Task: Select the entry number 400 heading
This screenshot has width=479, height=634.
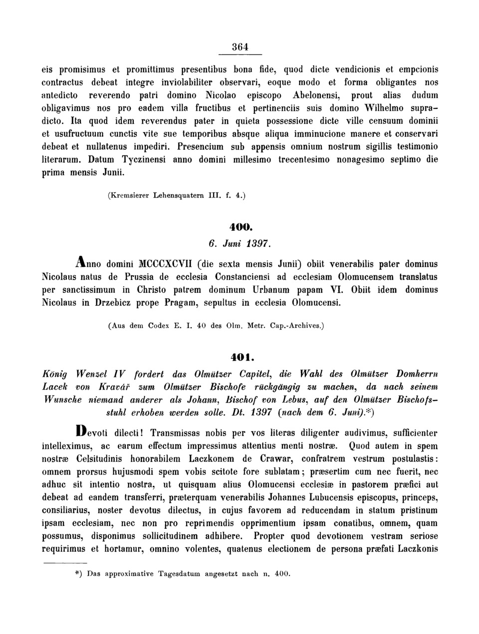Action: click(x=239, y=227)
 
